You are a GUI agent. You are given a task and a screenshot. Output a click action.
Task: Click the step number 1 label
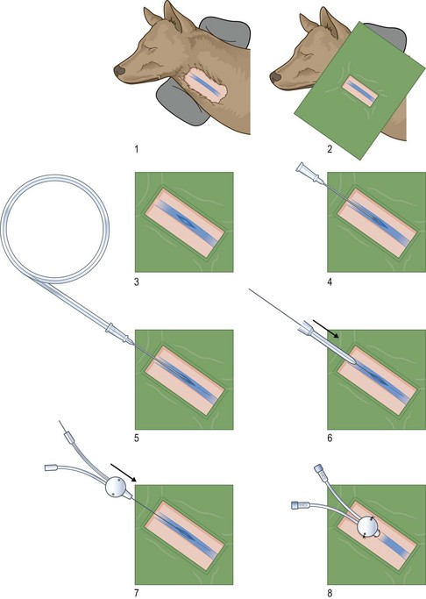[x=137, y=148]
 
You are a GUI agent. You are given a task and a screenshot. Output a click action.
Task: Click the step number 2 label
[x=330, y=148]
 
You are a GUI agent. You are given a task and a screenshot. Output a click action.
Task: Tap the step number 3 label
[x=137, y=282]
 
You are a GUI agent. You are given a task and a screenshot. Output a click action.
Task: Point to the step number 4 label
[x=330, y=282]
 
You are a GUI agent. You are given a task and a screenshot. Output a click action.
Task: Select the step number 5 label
[x=137, y=438]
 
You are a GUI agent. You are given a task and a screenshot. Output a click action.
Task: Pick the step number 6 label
[x=330, y=438]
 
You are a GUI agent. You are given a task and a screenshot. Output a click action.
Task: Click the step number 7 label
[x=137, y=593]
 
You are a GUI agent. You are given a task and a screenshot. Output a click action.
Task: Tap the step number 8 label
[x=330, y=593]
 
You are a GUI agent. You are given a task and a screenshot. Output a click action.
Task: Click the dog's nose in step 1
[x=119, y=70]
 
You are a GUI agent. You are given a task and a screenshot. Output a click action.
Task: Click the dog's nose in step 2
[x=275, y=76]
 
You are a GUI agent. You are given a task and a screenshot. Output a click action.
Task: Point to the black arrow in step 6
[x=325, y=329]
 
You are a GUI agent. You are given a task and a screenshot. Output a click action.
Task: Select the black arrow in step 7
[x=124, y=472]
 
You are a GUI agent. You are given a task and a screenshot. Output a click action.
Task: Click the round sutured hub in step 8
[x=368, y=527]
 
